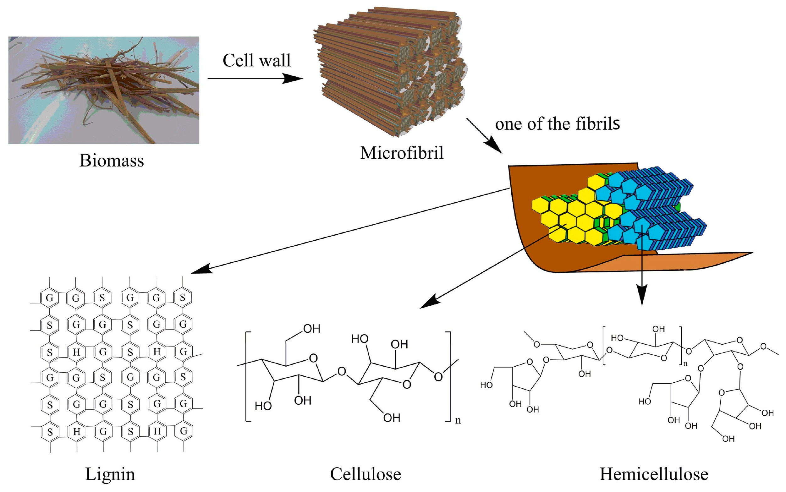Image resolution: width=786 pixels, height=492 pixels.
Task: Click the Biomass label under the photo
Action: (x=111, y=161)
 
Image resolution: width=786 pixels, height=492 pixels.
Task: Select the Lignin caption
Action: (x=110, y=474)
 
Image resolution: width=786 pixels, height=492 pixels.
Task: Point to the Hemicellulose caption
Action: (x=654, y=474)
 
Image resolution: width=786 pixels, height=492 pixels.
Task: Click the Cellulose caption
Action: (x=365, y=474)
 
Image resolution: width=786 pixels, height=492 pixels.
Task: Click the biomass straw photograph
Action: (x=103, y=90)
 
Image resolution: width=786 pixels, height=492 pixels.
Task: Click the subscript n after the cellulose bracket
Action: (x=458, y=420)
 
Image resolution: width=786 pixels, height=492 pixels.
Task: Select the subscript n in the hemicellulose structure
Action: (x=685, y=364)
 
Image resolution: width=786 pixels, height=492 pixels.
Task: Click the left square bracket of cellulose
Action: (x=247, y=376)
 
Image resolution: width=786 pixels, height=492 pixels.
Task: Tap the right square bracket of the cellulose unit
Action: (x=449, y=376)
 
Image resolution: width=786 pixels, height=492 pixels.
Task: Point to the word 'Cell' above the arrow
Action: (x=238, y=61)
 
